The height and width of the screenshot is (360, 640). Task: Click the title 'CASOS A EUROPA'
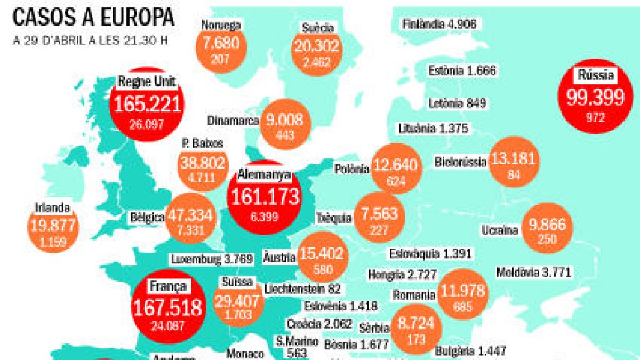pyautogui.click(x=93, y=17)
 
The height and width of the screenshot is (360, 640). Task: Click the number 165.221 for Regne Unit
pyautogui.click(x=146, y=104)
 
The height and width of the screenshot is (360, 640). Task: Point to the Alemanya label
pyautogui.click(x=264, y=174)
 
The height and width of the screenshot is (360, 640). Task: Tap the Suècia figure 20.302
pyautogui.click(x=316, y=47)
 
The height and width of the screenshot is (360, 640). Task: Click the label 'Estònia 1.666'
pyautogui.click(x=462, y=70)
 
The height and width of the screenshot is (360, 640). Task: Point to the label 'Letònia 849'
pyautogui.click(x=458, y=103)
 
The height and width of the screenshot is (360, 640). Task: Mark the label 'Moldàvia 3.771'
pyautogui.click(x=533, y=273)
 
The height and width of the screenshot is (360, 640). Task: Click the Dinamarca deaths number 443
pyautogui.click(x=285, y=135)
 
